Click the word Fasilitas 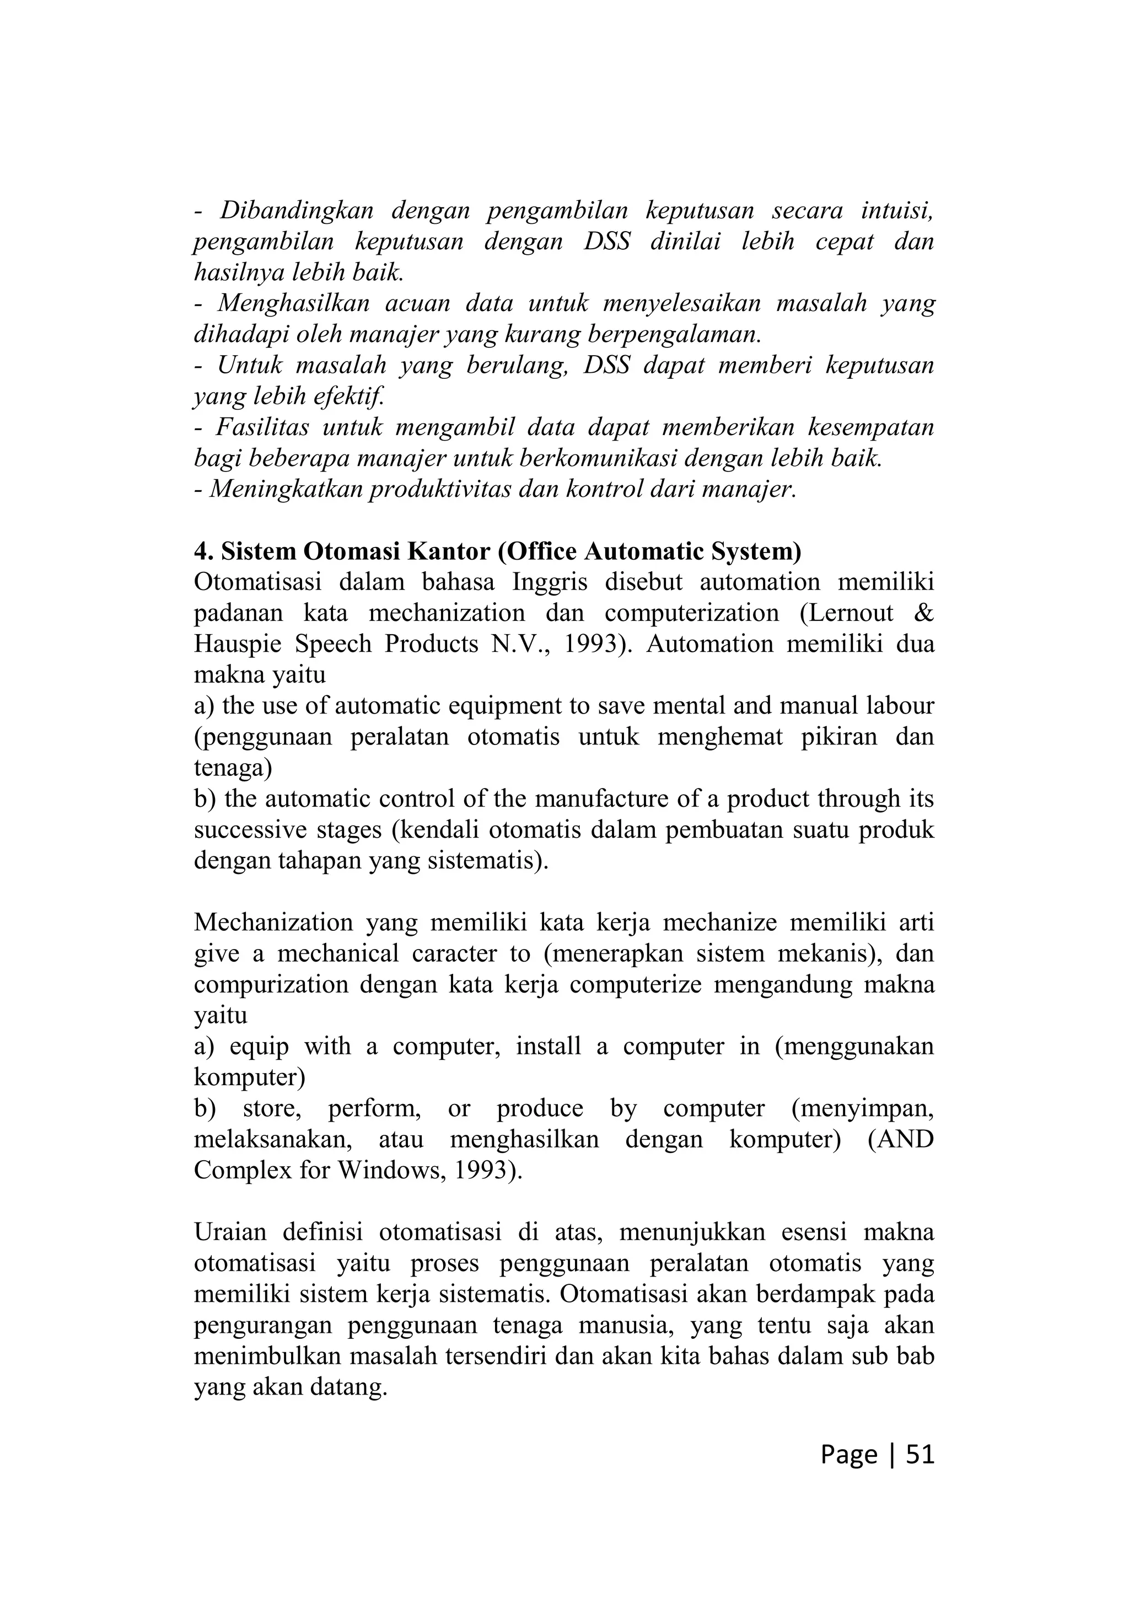point(262,427)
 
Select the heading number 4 point(202,551)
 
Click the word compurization point(270,984)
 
